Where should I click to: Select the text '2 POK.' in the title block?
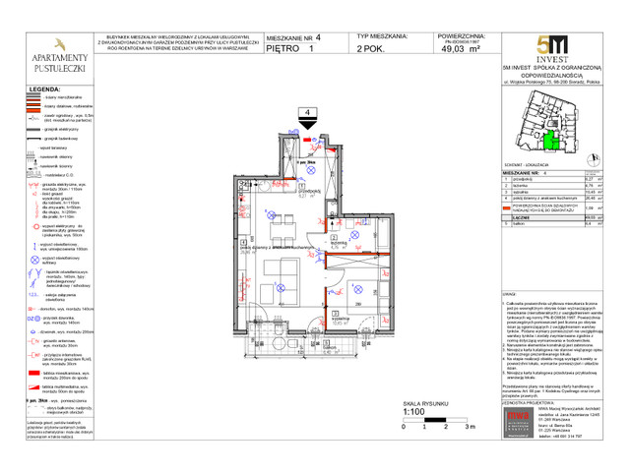pyautogui.click(x=371, y=47)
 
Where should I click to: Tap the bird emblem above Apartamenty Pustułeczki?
pyautogui.click(x=56, y=45)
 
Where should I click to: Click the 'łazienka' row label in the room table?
pyautogui.click(x=520, y=184)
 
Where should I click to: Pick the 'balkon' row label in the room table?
pyautogui.click(x=517, y=223)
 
